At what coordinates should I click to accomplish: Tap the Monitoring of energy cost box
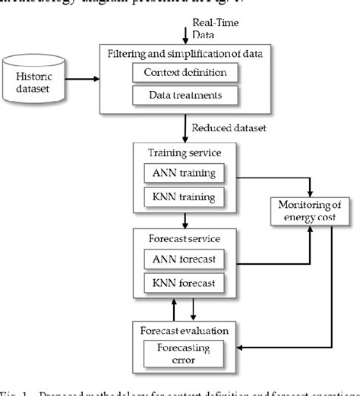pos(310,209)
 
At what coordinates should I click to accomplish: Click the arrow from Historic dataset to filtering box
pos(87,78)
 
